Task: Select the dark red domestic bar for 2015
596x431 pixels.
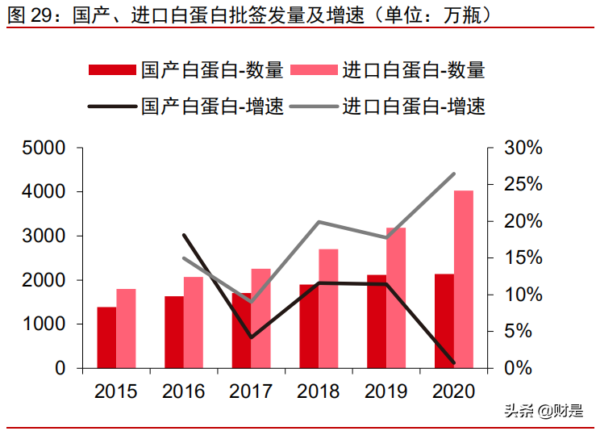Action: point(106,337)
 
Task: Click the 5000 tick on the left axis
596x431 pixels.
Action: point(44,149)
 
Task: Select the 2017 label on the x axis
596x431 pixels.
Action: point(251,392)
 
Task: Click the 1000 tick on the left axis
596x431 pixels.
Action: point(44,324)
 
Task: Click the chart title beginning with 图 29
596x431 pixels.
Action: point(250,16)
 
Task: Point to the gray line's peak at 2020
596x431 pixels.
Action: point(454,174)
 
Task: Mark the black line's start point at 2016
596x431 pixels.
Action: point(185,235)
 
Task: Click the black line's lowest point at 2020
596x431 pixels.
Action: point(454,363)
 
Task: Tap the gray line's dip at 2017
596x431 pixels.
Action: point(252,302)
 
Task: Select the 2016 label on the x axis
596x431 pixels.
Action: point(184,392)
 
